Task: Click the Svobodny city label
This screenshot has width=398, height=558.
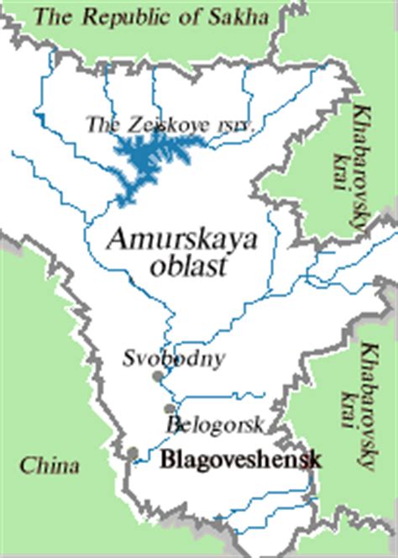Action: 173,359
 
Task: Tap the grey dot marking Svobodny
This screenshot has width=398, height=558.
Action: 156,377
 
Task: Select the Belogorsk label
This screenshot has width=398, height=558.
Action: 216,423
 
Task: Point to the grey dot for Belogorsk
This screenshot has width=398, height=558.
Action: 169,408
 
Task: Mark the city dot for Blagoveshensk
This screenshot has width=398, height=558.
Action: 133,454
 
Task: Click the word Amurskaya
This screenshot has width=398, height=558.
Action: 181,241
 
